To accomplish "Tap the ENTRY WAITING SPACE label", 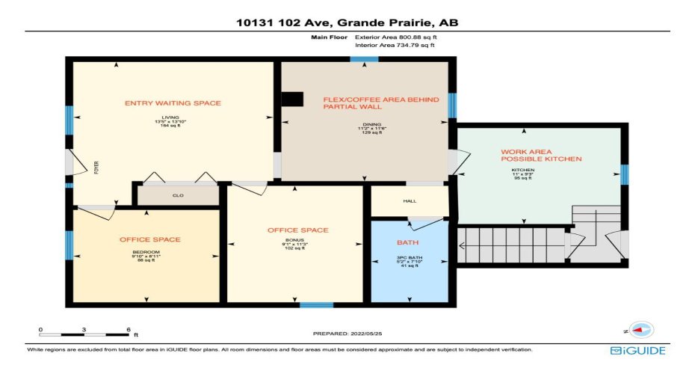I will pyautogui.click(x=173, y=103).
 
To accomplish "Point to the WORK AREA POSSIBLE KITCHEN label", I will pyautogui.click(x=540, y=156).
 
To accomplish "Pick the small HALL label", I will pyautogui.click(x=409, y=201).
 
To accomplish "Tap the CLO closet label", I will pyautogui.click(x=178, y=196).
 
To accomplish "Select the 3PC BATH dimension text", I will pyautogui.click(x=409, y=262).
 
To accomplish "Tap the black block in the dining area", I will pyautogui.click(x=293, y=99).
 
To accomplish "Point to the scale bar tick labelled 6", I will pyautogui.click(x=129, y=329).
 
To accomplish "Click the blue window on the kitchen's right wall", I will pyautogui.click(x=624, y=174).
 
